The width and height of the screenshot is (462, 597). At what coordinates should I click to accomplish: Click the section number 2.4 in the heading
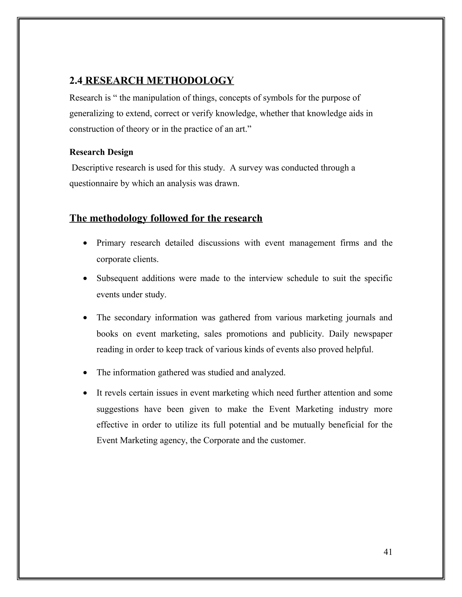(76, 81)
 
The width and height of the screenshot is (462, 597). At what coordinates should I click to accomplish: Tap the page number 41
(388, 552)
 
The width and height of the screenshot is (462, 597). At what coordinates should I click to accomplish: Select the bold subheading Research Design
(101, 152)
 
